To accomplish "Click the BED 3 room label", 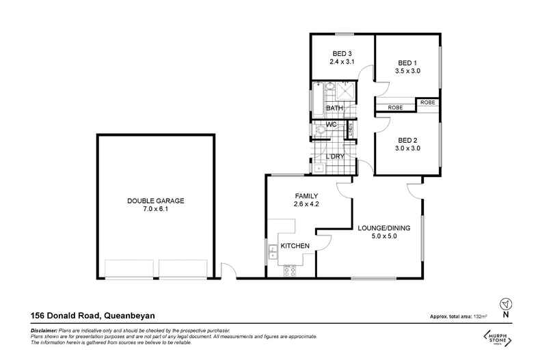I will tap(342, 54).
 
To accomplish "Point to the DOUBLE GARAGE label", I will tap(156, 201).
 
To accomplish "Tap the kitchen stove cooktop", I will tap(289, 270).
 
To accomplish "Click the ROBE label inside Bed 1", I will tap(394, 107).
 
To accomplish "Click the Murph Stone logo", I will tap(500, 340).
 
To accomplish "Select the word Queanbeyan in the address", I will tap(130, 316).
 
